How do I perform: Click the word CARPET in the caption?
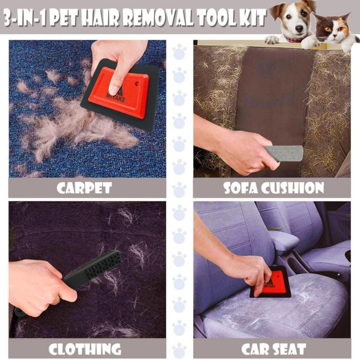pos(84,188)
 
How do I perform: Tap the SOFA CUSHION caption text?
pos(274,188)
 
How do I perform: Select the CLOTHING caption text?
pos(85,349)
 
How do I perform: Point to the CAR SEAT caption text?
pos(274,349)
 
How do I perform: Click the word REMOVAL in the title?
pos(160,18)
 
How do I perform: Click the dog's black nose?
pos(299,28)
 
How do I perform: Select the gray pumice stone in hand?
pos(283,153)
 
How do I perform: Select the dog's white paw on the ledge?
pos(272,40)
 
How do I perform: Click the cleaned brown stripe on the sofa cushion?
pos(272,92)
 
